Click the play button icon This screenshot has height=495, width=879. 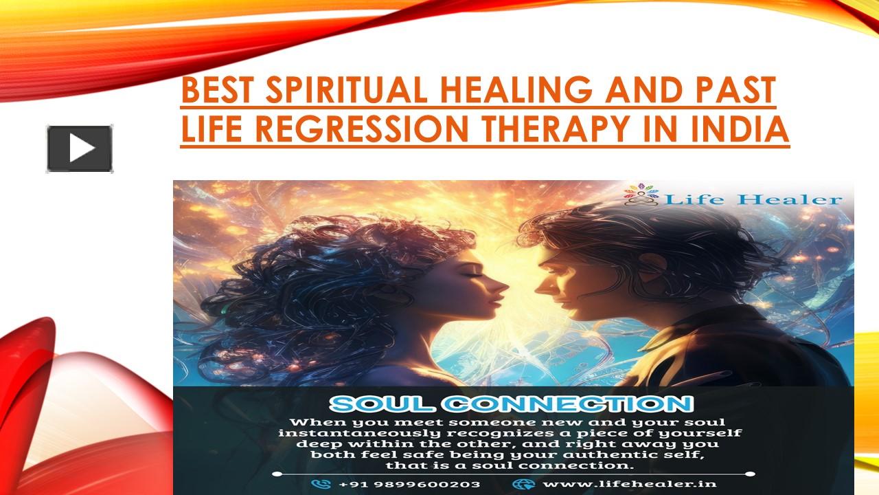coord(80,148)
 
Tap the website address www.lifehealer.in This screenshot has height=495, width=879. coord(630,483)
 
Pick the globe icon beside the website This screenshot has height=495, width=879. coord(523,483)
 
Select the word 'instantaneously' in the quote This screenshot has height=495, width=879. coord(352,433)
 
